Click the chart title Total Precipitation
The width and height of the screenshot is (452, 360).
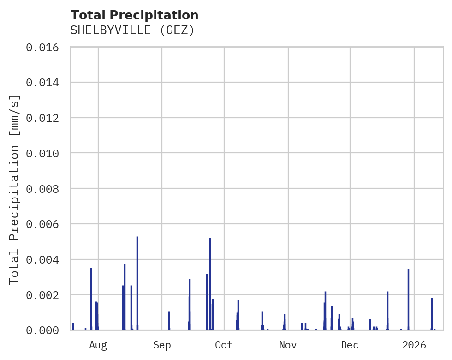click(134, 15)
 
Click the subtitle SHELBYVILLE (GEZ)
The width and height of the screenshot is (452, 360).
click(132, 30)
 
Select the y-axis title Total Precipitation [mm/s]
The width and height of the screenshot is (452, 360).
click(14, 189)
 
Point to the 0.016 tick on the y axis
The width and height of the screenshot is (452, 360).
click(46, 48)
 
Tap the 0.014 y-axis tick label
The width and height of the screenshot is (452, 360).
click(46, 83)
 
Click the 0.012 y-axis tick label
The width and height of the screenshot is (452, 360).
click(46, 118)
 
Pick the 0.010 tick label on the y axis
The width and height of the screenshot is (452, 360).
click(46, 153)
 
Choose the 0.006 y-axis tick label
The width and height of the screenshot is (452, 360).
click(46, 224)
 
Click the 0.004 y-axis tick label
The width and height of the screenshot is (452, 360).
click(46, 259)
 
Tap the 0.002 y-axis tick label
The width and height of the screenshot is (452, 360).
click(46, 295)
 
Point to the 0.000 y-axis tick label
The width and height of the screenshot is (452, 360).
click(46, 330)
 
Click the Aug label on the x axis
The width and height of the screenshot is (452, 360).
click(98, 345)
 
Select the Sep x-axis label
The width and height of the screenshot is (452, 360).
click(162, 345)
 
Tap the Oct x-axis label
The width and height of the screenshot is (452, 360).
click(224, 345)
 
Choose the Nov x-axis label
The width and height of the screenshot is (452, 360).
click(288, 345)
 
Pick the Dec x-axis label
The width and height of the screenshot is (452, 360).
click(350, 345)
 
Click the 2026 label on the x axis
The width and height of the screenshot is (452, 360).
click(414, 345)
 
